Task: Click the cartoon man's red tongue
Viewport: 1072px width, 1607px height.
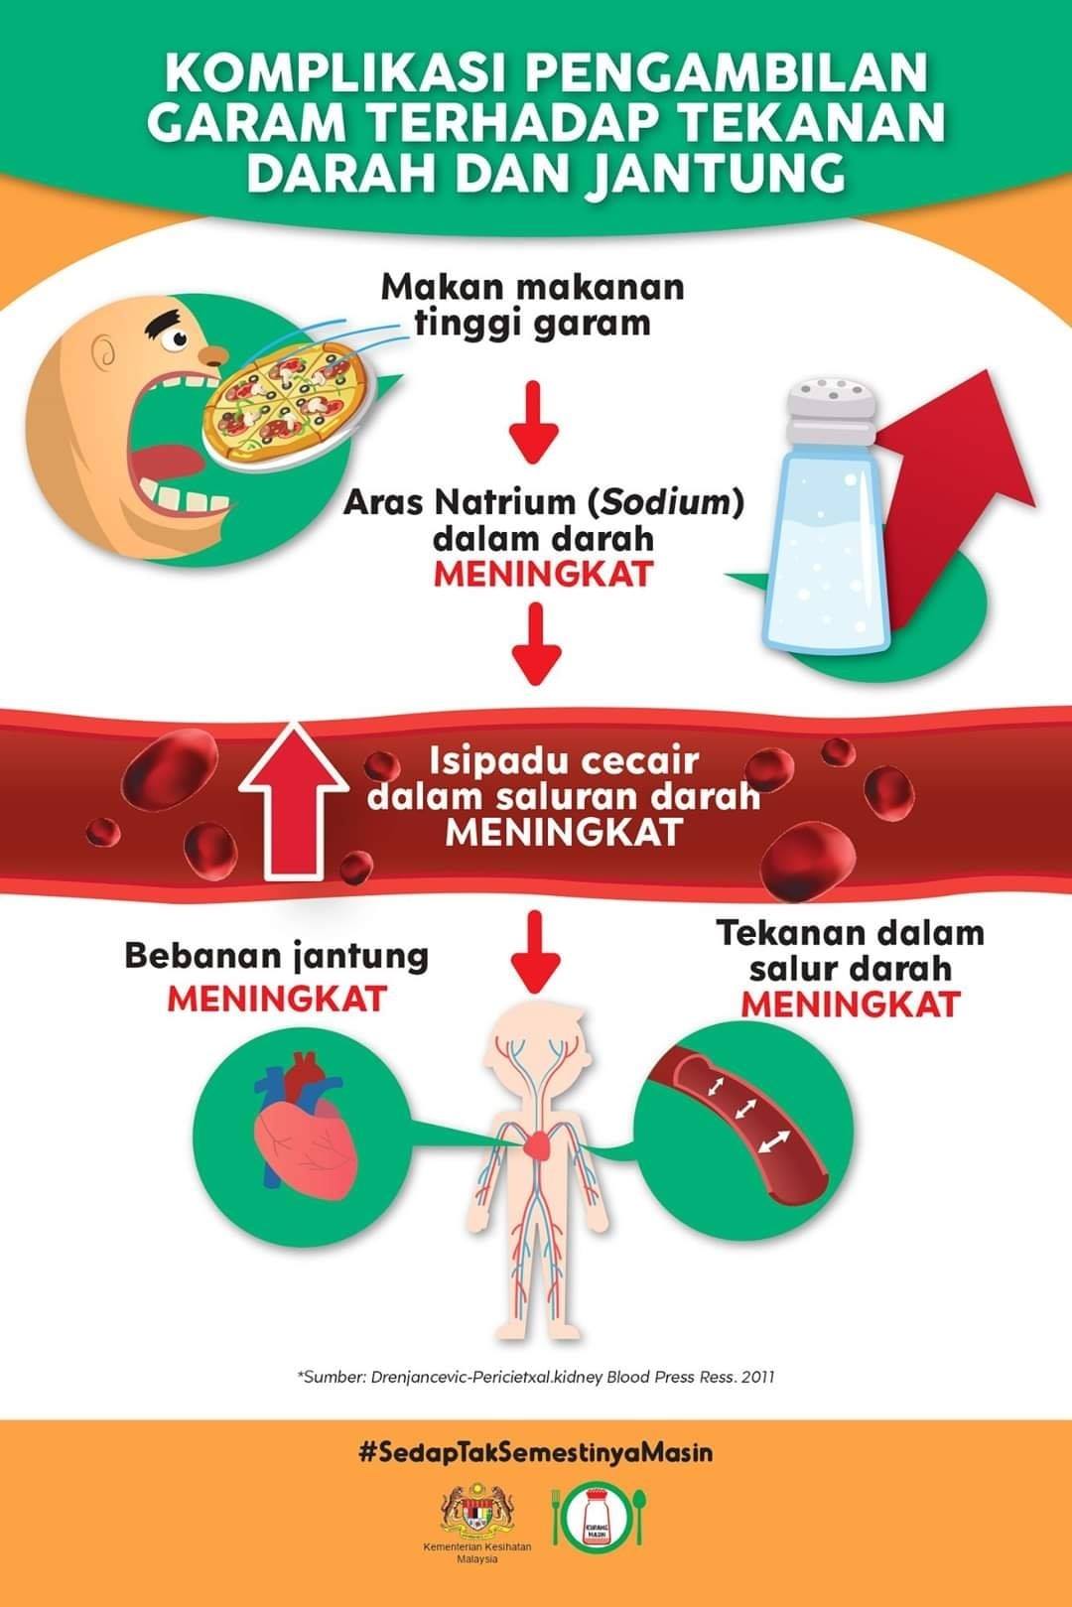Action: click(170, 461)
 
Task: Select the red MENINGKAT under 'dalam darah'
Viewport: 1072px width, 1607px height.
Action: click(543, 573)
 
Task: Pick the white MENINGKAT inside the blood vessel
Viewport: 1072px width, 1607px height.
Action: click(563, 832)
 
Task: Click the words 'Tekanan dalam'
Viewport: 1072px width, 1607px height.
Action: click(851, 933)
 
